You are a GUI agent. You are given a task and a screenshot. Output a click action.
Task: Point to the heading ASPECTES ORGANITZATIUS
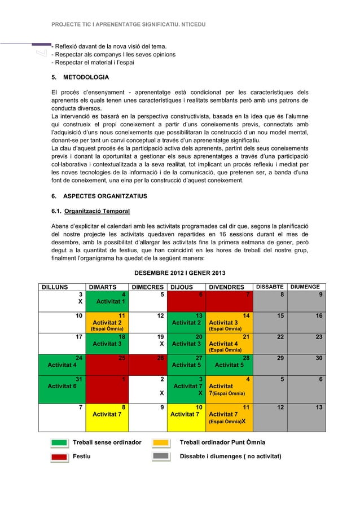click(x=98, y=195)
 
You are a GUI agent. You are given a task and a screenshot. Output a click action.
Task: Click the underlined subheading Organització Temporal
click(x=97, y=212)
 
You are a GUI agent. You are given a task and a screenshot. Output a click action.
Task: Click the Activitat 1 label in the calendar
click(x=109, y=301)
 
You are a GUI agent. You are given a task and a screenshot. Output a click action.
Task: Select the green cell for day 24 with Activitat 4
click(x=63, y=361)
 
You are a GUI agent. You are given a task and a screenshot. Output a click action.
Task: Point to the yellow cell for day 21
click(x=229, y=341)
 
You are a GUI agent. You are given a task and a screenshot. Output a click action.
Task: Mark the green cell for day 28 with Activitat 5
click(x=229, y=361)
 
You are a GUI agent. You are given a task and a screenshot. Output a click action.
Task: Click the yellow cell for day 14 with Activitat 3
click(x=229, y=322)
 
